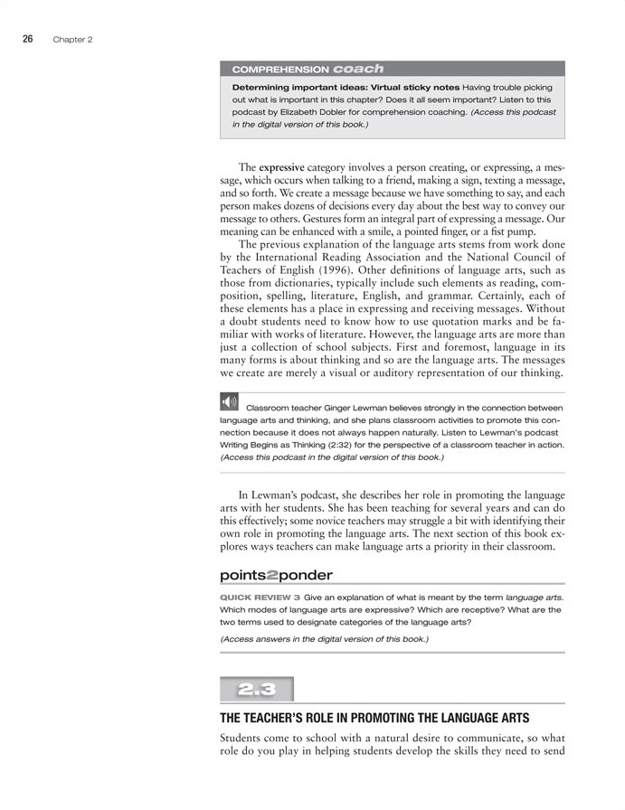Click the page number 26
(28, 39)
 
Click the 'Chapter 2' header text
(72, 40)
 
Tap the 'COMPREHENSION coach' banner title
(308, 69)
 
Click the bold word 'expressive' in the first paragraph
(282, 167)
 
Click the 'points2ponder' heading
(276, 575)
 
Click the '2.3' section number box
(257, 690)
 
